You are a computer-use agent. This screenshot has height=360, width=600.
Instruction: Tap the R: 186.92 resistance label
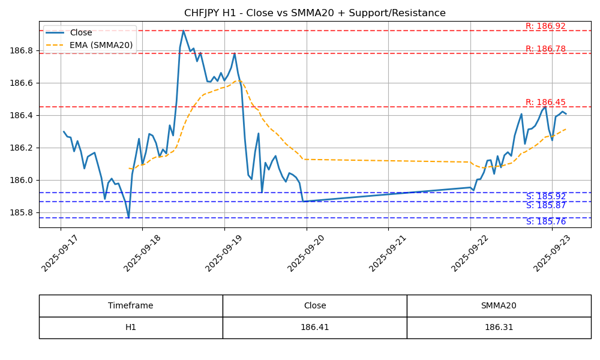tap(545, 26)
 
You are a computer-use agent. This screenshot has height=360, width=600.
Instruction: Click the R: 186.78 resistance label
tap(545, 49)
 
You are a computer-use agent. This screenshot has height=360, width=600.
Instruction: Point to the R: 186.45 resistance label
tap(545, 102)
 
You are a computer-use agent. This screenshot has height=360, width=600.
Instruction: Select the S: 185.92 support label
tap(545, 197)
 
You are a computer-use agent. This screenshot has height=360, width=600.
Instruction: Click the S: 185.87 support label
tap(545, 205)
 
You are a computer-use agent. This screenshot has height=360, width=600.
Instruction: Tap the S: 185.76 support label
tap(545, 222)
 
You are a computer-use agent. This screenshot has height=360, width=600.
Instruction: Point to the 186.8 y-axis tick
tap(22, 51)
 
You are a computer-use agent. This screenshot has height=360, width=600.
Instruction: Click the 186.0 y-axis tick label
tap(22, 180)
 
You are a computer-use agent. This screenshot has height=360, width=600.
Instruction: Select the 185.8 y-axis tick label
tap(22, 213)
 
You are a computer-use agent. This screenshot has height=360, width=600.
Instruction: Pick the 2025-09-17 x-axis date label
tap(59, 253)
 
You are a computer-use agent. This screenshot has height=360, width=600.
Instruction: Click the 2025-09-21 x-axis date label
tap(387, 253)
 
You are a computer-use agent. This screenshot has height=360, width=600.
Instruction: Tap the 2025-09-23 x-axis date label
tap(551, 253)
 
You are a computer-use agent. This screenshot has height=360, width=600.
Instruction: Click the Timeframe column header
tap(130, 305)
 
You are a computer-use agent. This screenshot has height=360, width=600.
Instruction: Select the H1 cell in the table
tap(130, 328)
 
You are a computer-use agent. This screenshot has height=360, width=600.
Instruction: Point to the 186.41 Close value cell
tap(314, 328)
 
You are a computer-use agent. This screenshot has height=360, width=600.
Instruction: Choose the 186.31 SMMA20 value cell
tap(499, 328)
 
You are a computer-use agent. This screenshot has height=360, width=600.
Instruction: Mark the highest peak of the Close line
tap(183, 31)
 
